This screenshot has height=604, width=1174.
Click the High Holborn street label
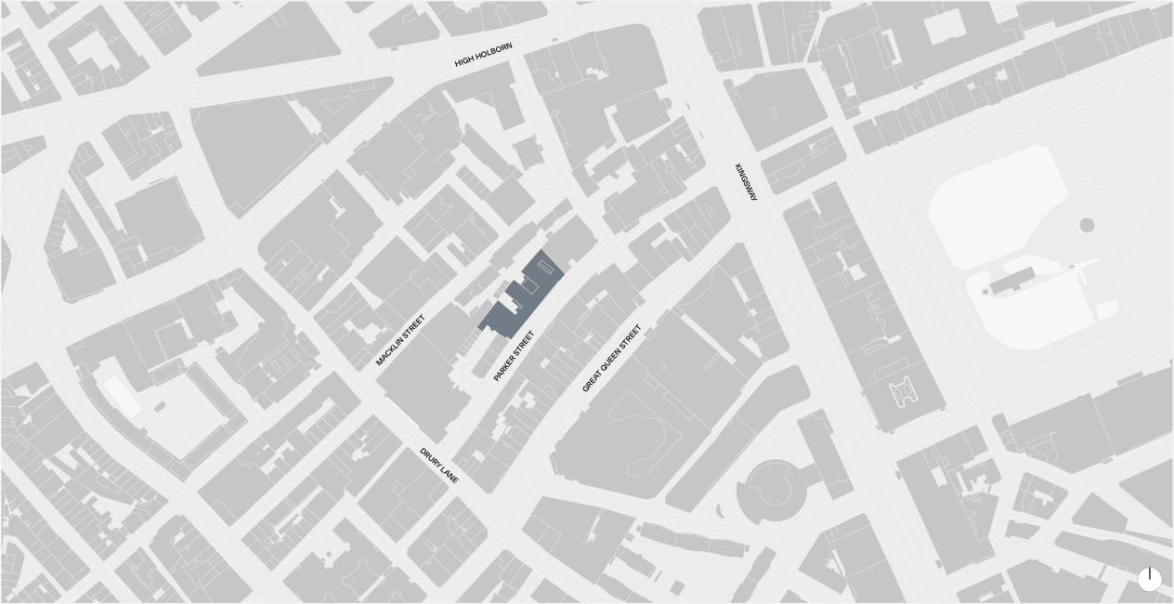[x=483, y=55]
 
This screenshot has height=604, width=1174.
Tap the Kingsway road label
[x=746, y=182]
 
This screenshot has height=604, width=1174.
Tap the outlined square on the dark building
[x=528, y=287]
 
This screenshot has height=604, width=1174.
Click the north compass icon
[x=1150, y=579]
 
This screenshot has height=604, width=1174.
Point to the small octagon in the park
[x=1086, y=225]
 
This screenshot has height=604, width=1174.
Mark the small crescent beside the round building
[x=722, y=509]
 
